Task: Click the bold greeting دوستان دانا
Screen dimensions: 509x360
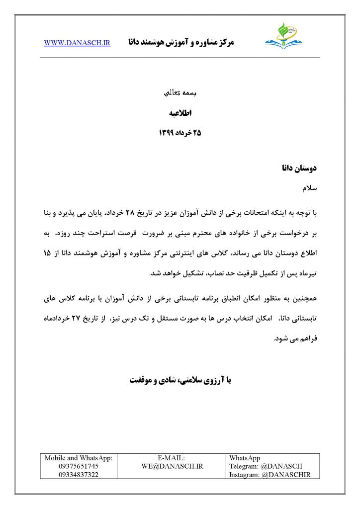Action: [300, 169]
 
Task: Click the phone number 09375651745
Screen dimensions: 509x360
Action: [79, 466]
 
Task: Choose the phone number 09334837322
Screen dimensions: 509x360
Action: [79, 475]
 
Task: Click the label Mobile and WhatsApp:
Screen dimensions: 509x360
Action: [79, 458]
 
